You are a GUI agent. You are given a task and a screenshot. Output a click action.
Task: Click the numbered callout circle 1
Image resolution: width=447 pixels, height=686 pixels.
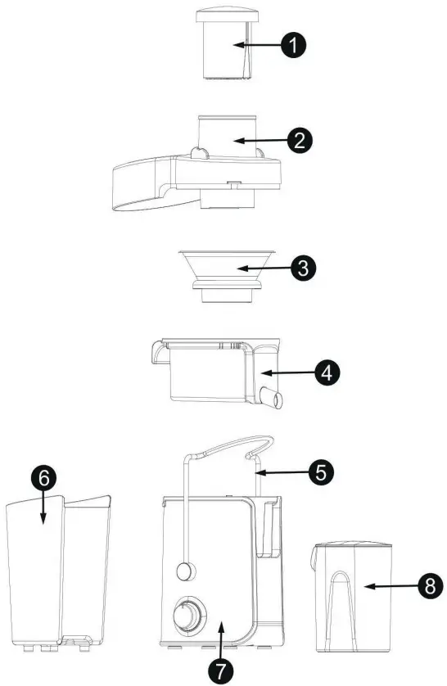tap(292, 45)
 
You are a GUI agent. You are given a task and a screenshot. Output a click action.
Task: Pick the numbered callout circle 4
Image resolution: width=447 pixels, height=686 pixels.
tap(326, 373)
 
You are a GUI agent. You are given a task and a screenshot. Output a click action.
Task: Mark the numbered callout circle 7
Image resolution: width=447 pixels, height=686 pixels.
tap(219, 670)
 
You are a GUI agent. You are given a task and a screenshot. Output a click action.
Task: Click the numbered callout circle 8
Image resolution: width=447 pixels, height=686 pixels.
tap(425, 586)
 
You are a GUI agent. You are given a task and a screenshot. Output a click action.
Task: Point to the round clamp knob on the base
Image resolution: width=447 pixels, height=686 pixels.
tap(185, 570)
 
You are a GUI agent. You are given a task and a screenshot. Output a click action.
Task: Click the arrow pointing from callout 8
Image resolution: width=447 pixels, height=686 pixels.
tap(384, 586)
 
